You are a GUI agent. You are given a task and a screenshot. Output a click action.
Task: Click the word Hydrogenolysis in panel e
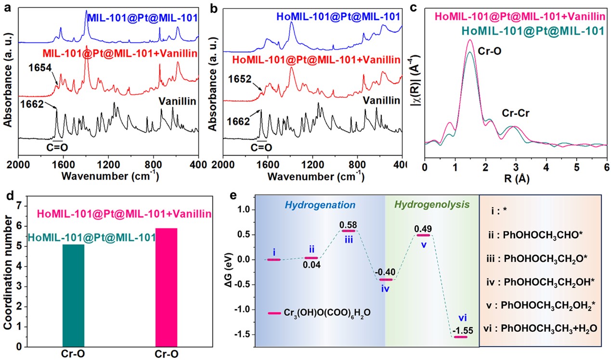tap(432, 205)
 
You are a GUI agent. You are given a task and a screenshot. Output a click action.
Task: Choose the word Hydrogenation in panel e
tap(321, 205)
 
